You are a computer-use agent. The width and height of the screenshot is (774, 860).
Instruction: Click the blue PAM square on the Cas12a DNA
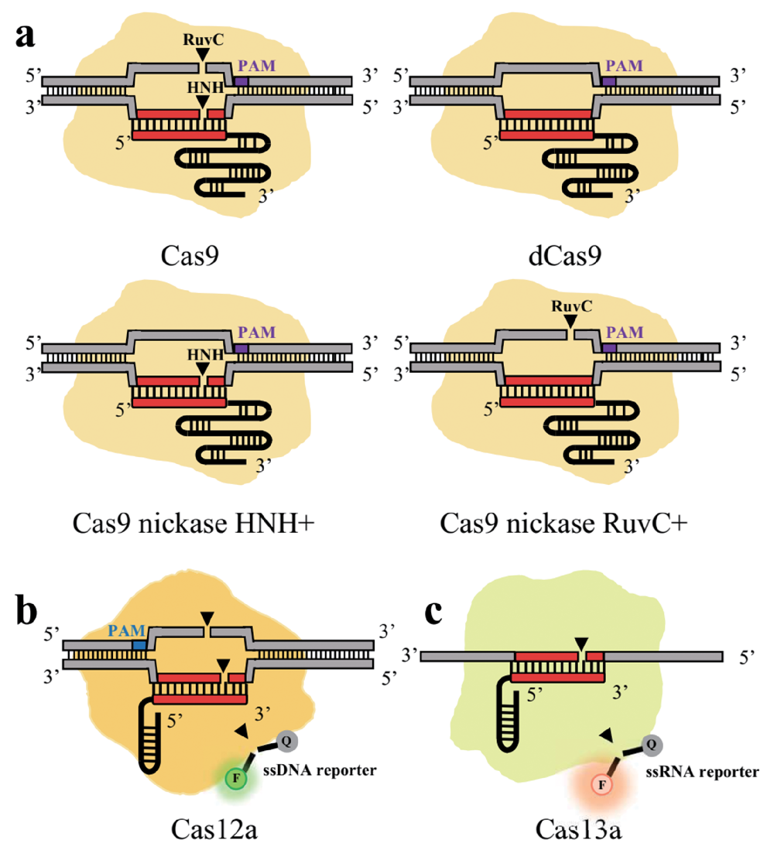(139, 643)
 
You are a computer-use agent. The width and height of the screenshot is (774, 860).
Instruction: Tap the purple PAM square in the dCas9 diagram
(608, 80)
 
